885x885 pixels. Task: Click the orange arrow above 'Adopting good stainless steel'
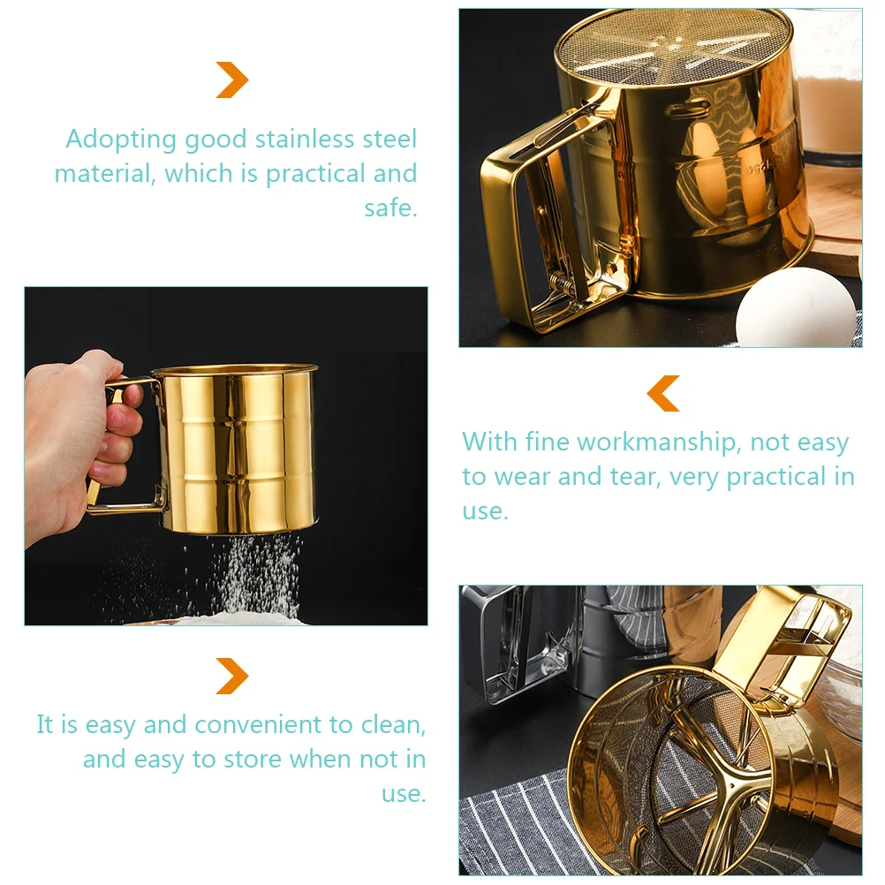232,79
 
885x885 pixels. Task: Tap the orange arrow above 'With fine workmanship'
663,393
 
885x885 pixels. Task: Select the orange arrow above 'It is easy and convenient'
232,676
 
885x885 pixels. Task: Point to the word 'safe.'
390,208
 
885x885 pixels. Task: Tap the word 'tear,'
635,477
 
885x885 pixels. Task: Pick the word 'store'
252,760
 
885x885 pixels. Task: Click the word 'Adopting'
121,140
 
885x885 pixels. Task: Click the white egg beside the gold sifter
796,307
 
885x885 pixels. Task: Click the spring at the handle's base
562,282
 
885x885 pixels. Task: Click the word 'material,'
105,174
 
